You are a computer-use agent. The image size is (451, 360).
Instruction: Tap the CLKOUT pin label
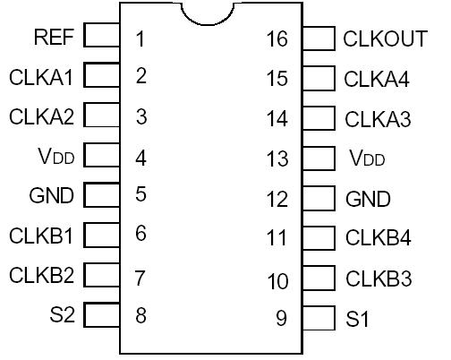pos(384,39)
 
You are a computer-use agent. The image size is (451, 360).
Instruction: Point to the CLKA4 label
pos(377,79)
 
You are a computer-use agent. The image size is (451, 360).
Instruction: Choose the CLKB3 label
pos(379,278)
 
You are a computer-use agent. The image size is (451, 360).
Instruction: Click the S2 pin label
pos(64,314)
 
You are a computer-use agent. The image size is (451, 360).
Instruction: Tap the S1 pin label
pos(356,318)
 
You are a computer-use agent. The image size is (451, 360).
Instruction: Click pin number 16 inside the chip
pos(277,39)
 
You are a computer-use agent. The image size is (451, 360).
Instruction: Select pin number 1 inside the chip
pos(140,39)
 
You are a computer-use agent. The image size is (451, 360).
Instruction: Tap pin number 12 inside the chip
pos(277,199)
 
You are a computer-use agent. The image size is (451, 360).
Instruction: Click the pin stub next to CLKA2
pos(102,116)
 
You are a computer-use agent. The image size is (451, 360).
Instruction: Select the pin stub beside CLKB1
pos(102,235)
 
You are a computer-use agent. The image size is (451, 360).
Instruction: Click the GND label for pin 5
pos(52,194)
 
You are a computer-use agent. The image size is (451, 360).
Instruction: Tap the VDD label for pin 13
pos(367,159)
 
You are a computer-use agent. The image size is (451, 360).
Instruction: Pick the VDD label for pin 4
pos(55,157)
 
